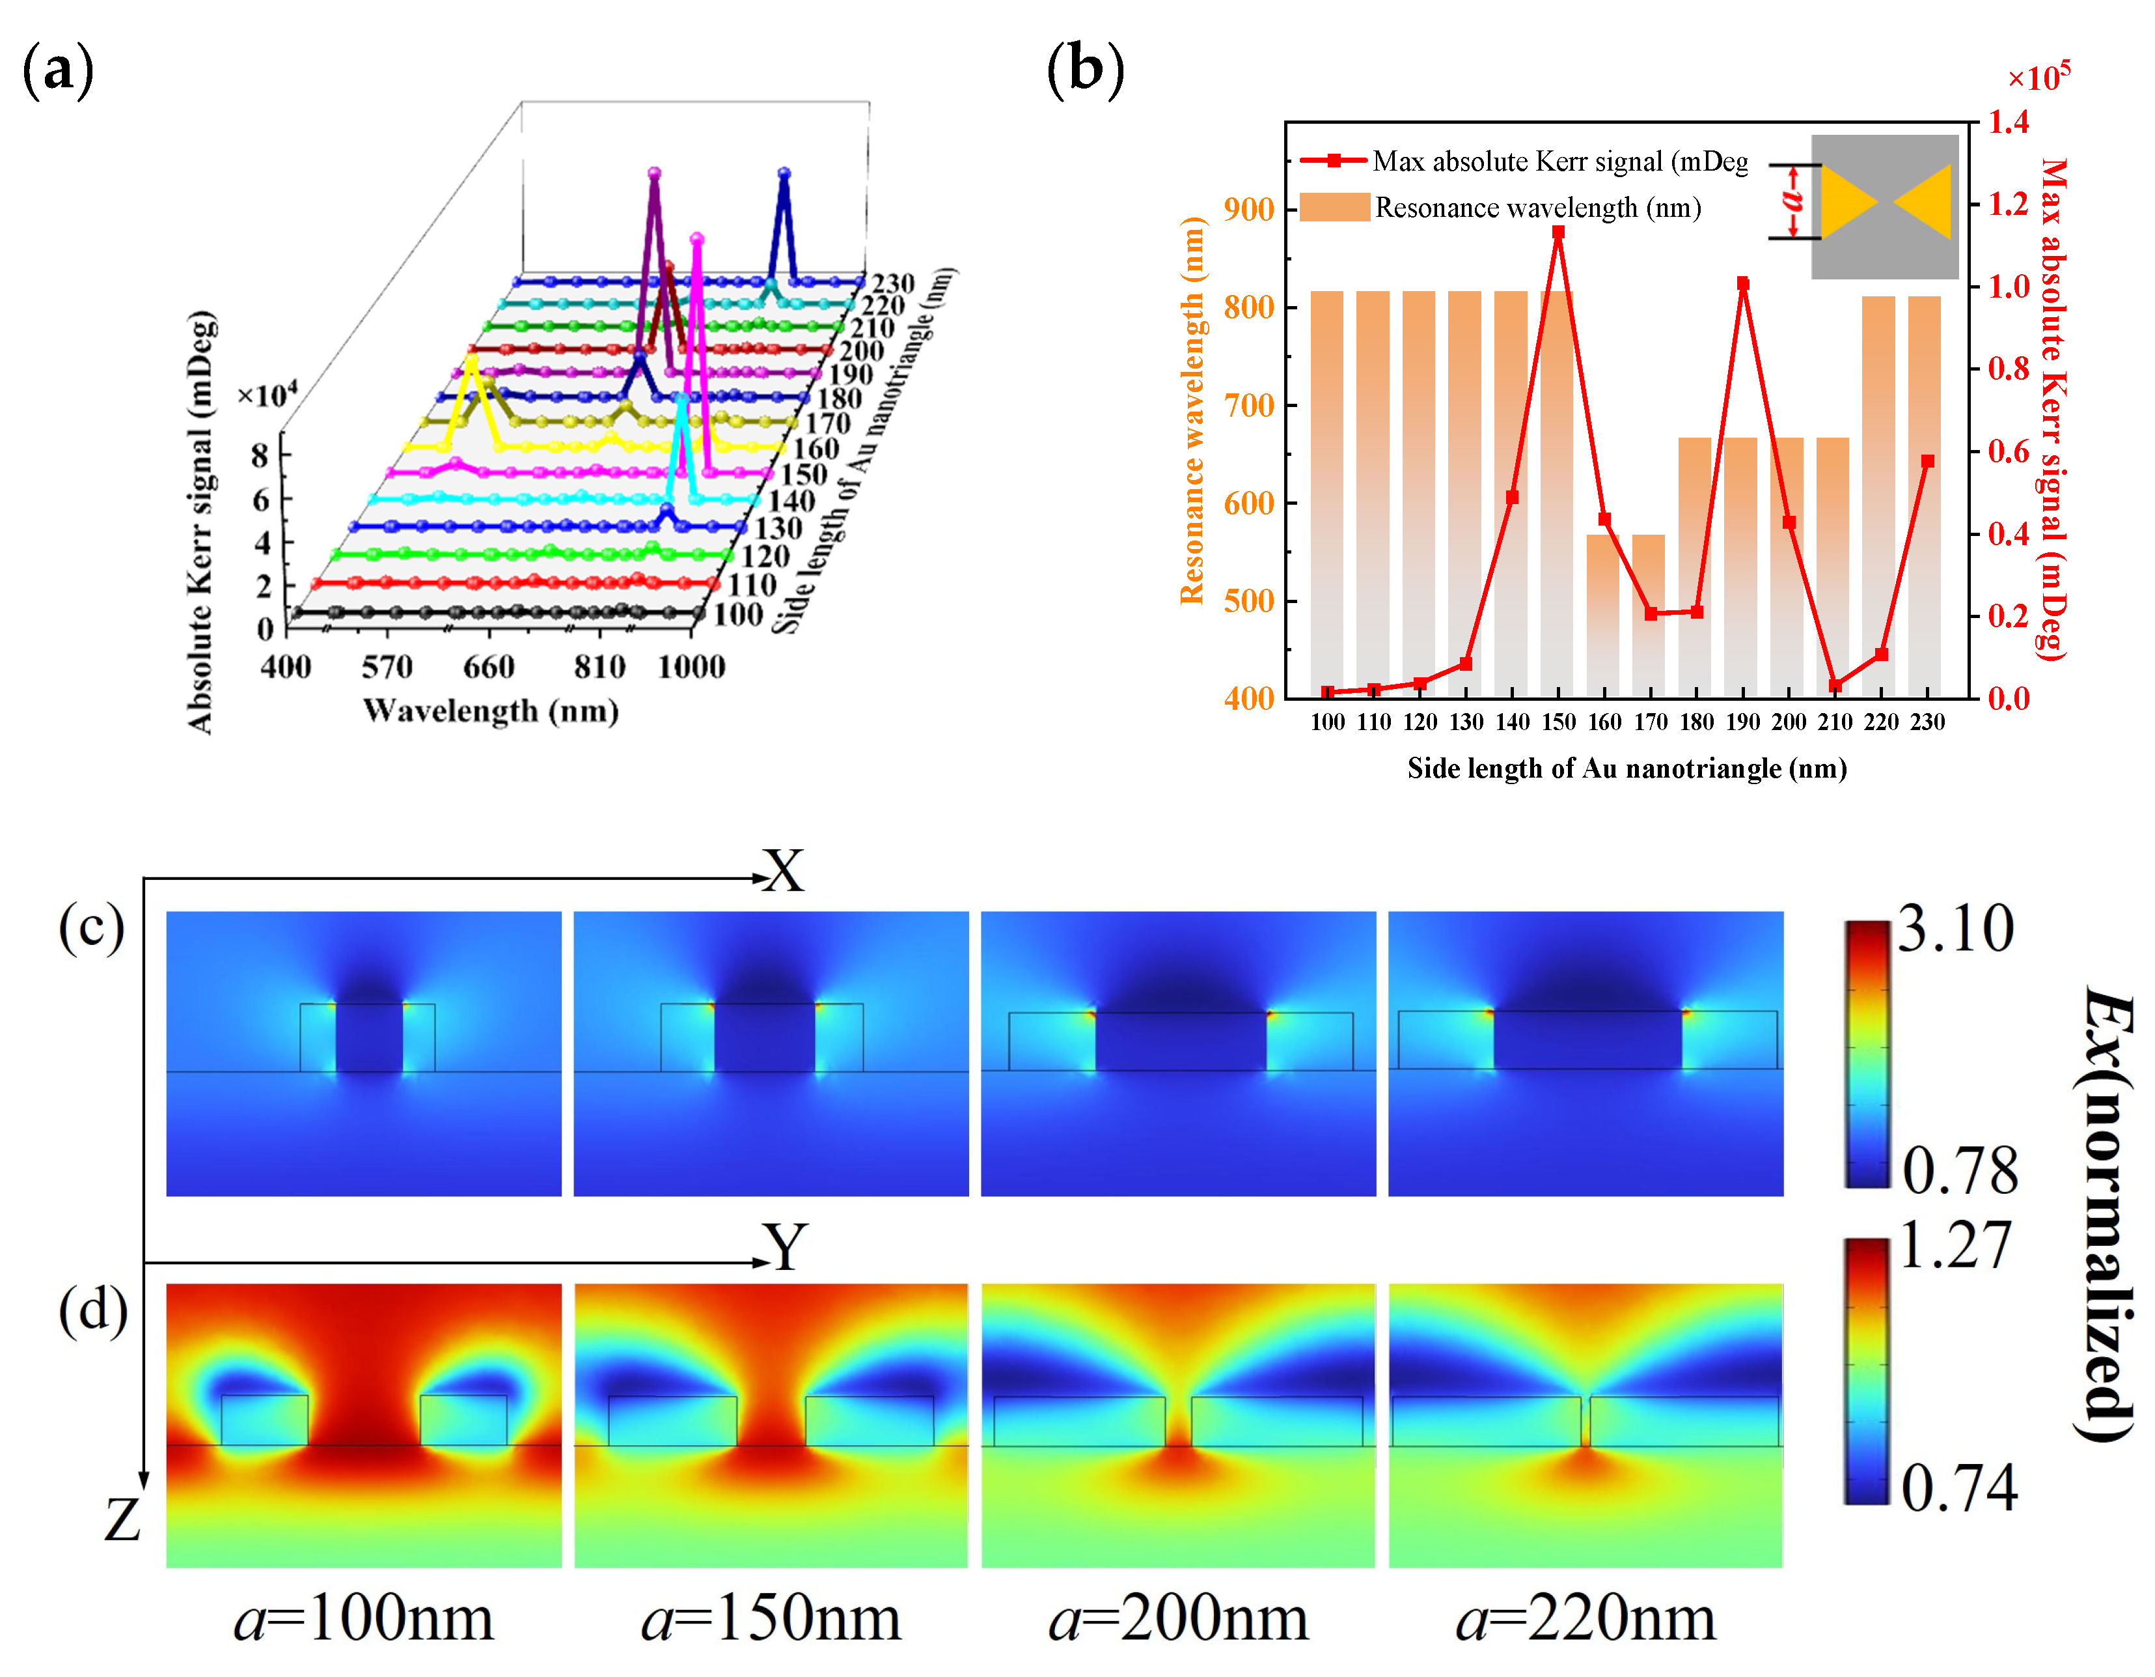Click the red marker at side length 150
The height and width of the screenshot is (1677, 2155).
pyautogui.click(x=1558, y=233)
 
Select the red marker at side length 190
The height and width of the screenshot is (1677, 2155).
pyautogui.click(x=1742, y=283)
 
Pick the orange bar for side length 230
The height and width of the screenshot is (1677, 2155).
pyautogui.click(x=1926, y=494)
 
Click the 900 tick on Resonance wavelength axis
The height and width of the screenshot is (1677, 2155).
pyautogui.click(x=1248, y=209)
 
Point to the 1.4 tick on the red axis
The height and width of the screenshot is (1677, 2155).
pyautogui.click(x=2008, y=122)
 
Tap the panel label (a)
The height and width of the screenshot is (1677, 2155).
pyautogui.click(x=57, y=71)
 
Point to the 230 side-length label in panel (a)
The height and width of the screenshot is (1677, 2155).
pyautogui.click(x=893, y=284)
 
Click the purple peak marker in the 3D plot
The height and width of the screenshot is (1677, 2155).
pyautogui.click(x=654, y=174)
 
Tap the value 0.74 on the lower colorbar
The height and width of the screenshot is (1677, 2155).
pyautogui.click(x=1958, y=1489)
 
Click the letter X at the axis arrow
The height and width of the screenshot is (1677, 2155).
pyautogui.click(x=784, y=871)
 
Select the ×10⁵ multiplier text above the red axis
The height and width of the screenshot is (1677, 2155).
pyautogui.click(x=2038, y=77)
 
